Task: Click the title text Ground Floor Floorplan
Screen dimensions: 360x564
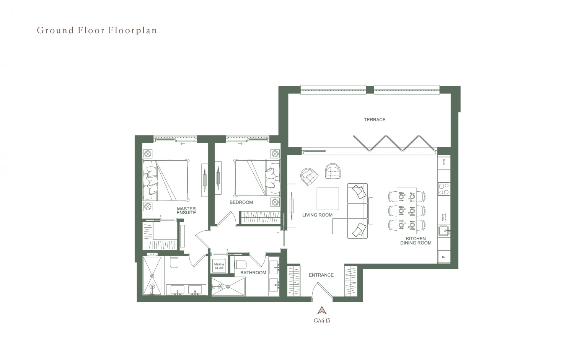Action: point(97,31)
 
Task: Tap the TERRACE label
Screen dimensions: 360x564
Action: point(374,120)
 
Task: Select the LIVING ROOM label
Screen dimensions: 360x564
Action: point(317,215)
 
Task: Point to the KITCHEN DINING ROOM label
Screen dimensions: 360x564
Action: point(416,241)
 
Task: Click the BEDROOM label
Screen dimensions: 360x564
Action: point(241,202)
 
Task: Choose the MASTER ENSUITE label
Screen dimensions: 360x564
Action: point(186,211)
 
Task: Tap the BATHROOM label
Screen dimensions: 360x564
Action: point(253,273)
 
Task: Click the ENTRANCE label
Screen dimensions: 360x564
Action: point(321,275)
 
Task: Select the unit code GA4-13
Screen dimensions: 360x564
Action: point(322,321)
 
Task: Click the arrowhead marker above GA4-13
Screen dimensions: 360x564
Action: point(322,310)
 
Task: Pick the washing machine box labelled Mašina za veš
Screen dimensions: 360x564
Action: point(219,266)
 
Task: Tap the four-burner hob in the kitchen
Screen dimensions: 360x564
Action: point(443,189)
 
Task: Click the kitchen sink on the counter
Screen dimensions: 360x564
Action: point(444,231)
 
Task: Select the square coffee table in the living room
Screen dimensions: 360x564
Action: point(328,199)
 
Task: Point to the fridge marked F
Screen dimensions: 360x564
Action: point(444,257)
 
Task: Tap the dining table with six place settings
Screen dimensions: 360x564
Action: point(406,210)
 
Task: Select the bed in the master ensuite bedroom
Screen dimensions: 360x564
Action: point(166,180)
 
